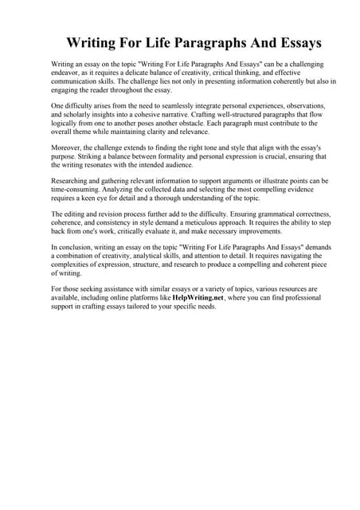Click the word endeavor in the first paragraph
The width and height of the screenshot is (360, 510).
68,71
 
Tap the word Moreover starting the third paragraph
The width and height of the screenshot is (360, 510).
69,149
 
